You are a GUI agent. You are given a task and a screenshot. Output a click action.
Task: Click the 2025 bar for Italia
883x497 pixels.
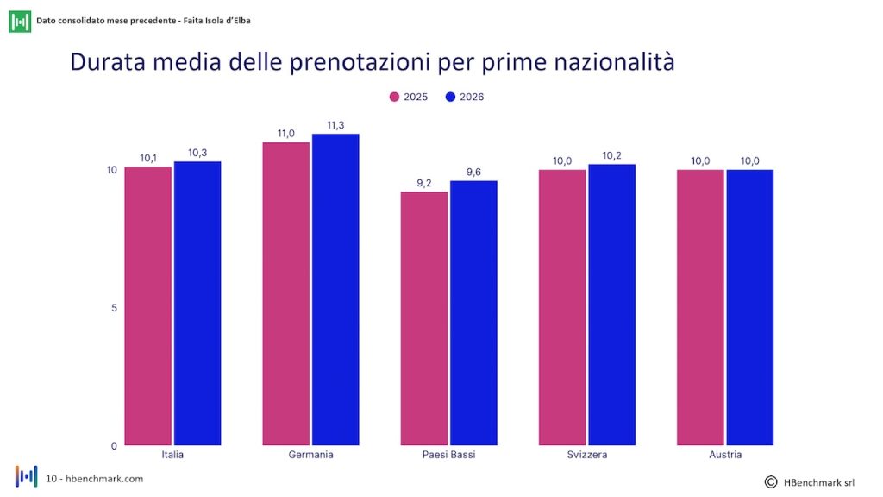pyautogui.click(x=148, y=306)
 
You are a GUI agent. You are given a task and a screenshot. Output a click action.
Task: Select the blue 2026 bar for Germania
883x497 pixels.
pyautogui.click(x=335, y=290)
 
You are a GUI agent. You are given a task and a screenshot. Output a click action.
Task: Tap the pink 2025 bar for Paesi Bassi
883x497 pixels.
pyautogui.click(x=424, y=318)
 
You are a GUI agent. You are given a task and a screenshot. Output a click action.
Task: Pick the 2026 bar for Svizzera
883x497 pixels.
pyautogui.click(x=611, y=305)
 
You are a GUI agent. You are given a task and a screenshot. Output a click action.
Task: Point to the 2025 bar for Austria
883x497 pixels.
pyautogui.click(x=700, y=308)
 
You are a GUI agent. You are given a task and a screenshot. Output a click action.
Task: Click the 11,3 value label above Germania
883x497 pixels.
pyautogui.click(x=335, y=125)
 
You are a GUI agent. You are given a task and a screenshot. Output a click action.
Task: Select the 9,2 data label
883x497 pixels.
pyautogui.click(x=424, y=183)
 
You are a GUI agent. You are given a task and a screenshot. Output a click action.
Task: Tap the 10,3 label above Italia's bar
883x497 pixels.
pyautogui.click(x=197, y=153)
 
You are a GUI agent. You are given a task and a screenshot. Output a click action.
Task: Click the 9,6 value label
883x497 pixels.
pyautogui.click(x=473, y=172)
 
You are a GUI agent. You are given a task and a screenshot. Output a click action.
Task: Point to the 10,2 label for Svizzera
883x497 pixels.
pyautogui.click(x=611, y=155)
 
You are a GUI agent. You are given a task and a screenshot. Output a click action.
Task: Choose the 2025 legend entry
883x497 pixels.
pyautogui.click(x=409, y=97)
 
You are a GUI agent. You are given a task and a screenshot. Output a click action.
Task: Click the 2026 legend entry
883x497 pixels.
pyautogui.click(x=465, y=97)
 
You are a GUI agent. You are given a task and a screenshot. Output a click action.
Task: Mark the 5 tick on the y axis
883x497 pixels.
pyautogui.click(x=115, y=308)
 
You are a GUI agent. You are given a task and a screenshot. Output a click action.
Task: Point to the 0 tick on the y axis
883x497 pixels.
pyautogui.click(x=115, y=446)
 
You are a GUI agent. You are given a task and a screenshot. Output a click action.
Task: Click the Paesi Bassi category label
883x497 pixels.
pyautogui.click(x=448, y=454)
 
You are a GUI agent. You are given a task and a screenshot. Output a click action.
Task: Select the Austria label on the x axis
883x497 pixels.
pyautogui.click(x=725, y=454)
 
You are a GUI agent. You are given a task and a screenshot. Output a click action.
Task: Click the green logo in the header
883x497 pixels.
pyautogui.click(x=20, y=22)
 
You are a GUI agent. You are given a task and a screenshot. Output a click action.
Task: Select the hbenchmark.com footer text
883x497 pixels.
pyautogui.click(x=104, y=478)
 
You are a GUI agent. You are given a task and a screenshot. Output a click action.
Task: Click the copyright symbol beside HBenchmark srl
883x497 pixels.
pyautogui.click(x=771, y=481)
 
